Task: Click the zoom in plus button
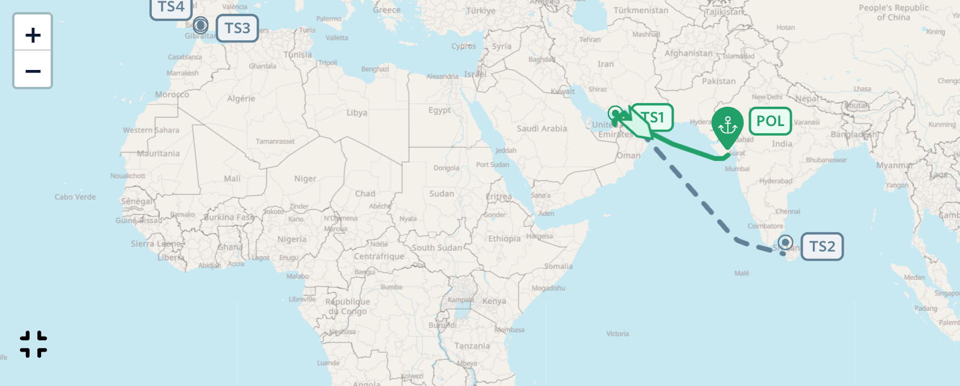coord(33,35)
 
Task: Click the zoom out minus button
coord(33,71)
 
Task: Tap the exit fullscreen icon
coord(33,344)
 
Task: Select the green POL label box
coord(770,121)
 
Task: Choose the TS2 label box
coord(822,247)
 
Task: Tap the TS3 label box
coord(237,28)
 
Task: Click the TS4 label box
coord(171,7)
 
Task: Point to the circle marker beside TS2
coord(785,242)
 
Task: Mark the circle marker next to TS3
coord(201,25)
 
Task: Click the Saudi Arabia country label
coord(542,128)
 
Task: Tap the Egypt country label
coord(439,110)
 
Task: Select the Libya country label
coord(356,113)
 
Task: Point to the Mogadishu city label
coord(548,288)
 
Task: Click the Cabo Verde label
coord(75,197)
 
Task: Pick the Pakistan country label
coord(718,81)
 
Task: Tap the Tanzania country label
coord(472,346)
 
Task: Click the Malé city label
coord(742,273)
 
